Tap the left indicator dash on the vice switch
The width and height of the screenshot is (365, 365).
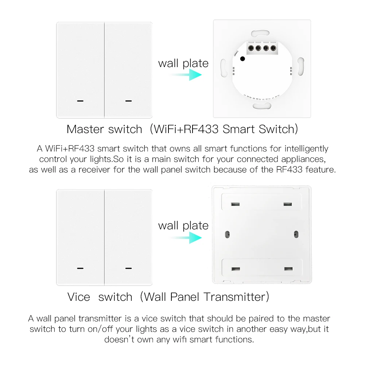[x=81, y=268]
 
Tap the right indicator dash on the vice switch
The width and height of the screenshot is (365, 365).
[x=128, y=268]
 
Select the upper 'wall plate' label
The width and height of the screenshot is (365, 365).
[x=183, y=63]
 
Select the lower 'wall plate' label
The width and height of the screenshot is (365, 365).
[x=183, y=225]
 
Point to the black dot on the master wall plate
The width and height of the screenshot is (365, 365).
[x=243, y=58]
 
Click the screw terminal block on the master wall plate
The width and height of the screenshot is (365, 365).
[x=262, y=47]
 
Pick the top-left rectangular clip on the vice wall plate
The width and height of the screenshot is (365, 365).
[x=234, y=203]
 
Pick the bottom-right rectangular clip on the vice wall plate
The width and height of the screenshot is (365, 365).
[x=288, y=269]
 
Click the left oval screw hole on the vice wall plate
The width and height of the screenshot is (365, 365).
[x=227, y=233]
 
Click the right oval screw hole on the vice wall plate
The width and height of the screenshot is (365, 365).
[x=295, y=233]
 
